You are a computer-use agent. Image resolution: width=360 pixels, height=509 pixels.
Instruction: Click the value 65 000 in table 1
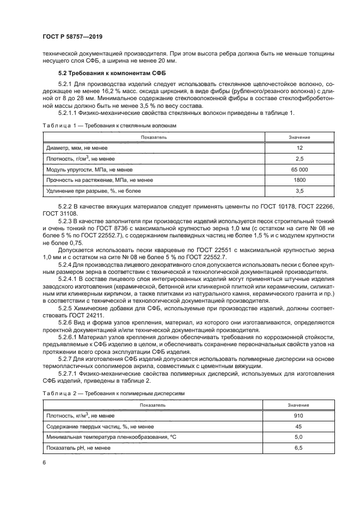coord(300,169)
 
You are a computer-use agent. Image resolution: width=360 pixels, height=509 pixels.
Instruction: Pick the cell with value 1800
coord(300,180)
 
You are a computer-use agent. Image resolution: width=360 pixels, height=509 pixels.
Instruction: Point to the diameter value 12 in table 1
coord(300,148)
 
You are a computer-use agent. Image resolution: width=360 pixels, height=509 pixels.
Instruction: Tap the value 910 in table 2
coord(300,415)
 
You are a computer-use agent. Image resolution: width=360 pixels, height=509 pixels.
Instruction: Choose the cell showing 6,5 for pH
coord(300,447)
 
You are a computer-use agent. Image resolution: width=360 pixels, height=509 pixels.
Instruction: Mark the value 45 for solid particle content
coord(300,426)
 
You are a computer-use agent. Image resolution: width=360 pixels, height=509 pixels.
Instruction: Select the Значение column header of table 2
coord(300,405)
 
